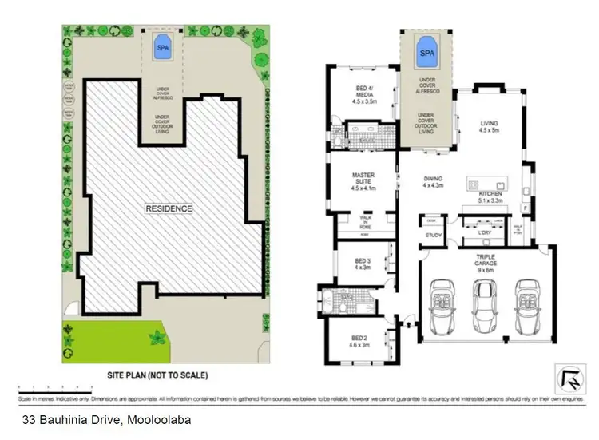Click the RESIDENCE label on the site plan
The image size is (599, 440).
click(169, 208)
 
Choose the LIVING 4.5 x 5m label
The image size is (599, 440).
click(488, 128)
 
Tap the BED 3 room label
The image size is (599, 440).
click(362, 264)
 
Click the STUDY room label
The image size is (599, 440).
click(434, 236)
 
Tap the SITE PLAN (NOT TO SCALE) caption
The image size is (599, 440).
click(157, 374)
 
